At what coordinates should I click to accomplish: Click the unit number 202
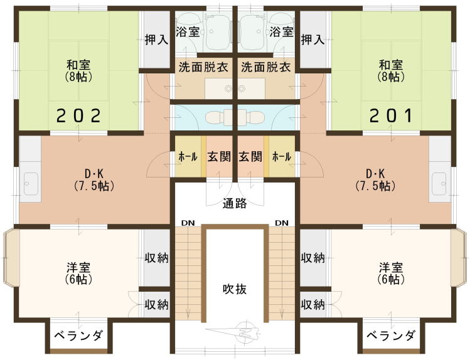(x=79, y=115)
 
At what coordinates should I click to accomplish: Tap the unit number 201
(x=391, y=115)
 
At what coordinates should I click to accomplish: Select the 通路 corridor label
(x=235, y=203)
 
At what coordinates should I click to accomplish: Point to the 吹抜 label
(x=235, y=289)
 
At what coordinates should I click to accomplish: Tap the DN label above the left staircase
(x=188, y=223)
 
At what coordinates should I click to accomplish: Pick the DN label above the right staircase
(x=282, y=223)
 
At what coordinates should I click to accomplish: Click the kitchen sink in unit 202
(x=31, y=183)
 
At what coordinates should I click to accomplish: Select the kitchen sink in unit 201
(x=439, y=183)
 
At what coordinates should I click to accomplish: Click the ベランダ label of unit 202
(x=79, y=335)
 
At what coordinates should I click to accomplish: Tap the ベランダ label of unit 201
(x=391, y=335)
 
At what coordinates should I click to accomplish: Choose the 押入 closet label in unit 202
(x=156, y=40)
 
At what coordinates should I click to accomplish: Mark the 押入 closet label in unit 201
(x=312, y=40)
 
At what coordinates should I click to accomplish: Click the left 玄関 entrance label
(x=219, y=157)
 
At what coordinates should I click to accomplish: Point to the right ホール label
(x=282, y=157)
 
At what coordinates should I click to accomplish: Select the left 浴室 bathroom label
(x=188, y=31)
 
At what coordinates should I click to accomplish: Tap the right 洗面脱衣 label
(x=265, y=67)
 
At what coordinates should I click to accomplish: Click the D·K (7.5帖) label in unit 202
(x=94, y=180)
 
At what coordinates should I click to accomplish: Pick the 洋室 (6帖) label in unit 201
(x=391, y=273)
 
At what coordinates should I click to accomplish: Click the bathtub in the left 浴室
(x=218, y=32)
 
